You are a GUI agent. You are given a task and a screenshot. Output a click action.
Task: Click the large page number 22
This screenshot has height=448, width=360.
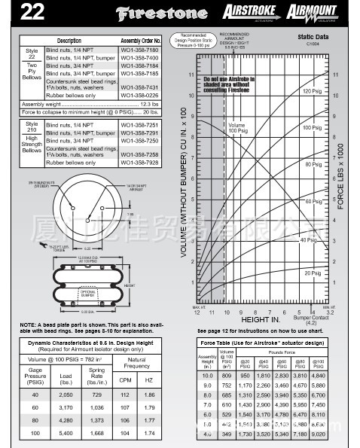click(x=20, y=12)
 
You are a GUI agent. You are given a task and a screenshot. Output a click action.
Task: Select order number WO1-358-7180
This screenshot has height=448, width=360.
click(x=139, y=49)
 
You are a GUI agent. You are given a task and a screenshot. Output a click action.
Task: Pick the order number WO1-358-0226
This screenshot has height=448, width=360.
click(x=139, y=96)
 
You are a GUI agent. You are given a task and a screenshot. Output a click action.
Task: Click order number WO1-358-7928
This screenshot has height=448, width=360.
click(x=139, y=163)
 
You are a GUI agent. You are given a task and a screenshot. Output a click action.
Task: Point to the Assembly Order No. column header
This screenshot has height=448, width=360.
click(x=141, y=41)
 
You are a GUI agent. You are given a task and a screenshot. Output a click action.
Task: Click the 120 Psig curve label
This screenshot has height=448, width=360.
click(x=312, y=91)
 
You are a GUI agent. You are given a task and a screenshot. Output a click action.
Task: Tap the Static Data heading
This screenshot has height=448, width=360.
click(x=313, y=35)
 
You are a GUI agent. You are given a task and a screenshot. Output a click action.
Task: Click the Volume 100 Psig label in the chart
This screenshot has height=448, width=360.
click(x=236, y=128)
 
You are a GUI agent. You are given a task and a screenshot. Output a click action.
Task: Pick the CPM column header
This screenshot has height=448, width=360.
click(x=126, y=380)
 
